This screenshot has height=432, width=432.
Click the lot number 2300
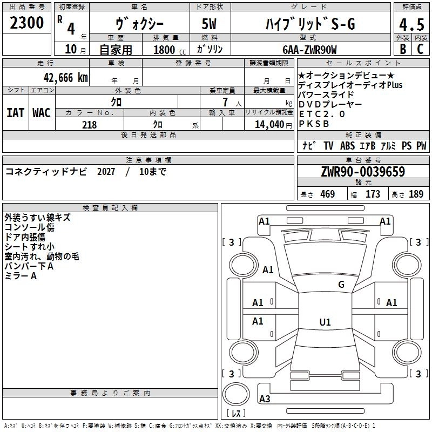(x=27, y=24)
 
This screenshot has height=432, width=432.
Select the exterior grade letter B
(x=402, y=49)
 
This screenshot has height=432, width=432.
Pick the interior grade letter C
(x=420, y=49)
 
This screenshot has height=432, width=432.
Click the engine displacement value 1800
(x=166, y=50)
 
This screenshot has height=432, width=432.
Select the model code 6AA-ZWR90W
(x=309, y=50)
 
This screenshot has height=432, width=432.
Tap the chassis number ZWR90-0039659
(x=362, y=172)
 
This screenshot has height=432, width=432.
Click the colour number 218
(x=89, y=125)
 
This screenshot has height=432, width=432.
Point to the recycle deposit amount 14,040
(x=269, y=125)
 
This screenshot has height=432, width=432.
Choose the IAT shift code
(x=16, y=113)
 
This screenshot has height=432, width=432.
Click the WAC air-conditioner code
(x=41, y=113)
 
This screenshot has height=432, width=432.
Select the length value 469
(x=327, y=194)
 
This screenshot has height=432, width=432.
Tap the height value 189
(x=416, y=194)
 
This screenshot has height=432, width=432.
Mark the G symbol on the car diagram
(x=341, y=285)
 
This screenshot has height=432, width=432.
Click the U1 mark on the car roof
(x=325, y=322)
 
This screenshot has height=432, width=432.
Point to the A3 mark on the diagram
(x=265, y=399)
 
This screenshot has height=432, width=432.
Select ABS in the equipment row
(x=347, y=146)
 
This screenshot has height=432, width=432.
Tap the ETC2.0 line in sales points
(x=322, y=114)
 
